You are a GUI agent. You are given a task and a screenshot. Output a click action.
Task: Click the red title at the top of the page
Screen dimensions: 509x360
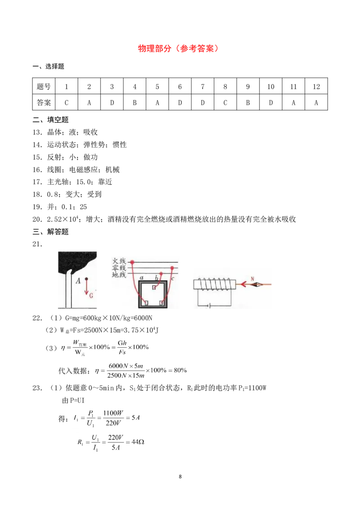(178, 49)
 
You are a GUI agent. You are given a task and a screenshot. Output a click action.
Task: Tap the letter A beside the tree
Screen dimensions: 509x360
(78, 281)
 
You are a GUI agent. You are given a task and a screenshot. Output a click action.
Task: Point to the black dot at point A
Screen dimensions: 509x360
(86, 279)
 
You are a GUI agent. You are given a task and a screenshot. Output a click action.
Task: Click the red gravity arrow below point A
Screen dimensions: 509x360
(86, 288)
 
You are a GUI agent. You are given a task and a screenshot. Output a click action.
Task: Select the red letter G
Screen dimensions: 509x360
(91, 295)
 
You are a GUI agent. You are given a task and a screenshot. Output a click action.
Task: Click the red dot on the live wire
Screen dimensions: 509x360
(132, 262)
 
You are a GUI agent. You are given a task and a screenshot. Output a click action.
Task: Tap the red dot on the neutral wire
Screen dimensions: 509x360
(172, 268)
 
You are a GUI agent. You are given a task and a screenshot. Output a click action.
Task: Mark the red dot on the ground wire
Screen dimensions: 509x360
(161, 274)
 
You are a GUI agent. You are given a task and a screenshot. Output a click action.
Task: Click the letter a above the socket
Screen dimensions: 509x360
(141, 278)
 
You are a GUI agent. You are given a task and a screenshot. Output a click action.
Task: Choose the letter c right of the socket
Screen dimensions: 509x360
(173, 278)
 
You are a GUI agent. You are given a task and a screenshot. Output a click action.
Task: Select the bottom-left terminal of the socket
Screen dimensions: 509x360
(146, 303)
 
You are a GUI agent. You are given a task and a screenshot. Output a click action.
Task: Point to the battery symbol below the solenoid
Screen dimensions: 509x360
(208, 305)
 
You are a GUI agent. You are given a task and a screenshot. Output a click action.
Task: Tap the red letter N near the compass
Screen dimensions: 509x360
(252, 279)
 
